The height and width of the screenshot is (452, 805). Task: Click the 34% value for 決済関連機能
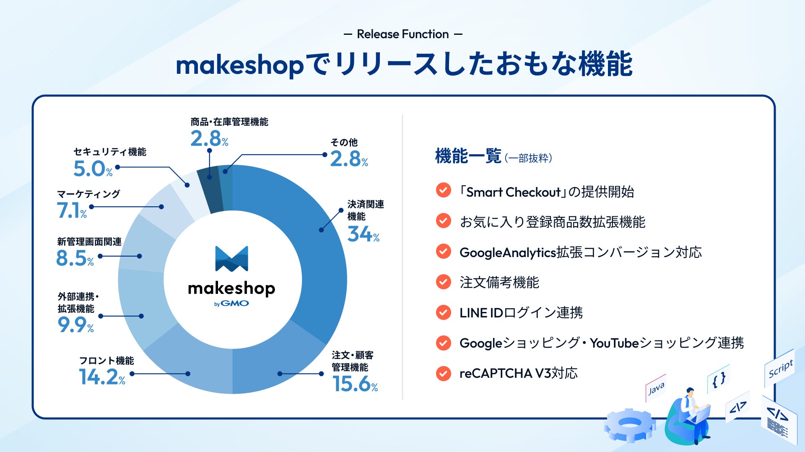click(x=364, y=234)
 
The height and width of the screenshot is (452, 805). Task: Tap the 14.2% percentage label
click(x=102, y=377)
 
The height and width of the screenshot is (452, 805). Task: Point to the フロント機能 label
click(x=106, y=361)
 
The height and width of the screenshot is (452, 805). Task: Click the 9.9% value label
click(x=75, y=325)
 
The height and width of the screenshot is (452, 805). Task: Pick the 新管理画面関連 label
click(x=89, y=242)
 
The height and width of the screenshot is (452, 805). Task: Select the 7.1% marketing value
click(x=72, y=210)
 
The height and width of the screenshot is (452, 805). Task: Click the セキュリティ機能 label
click(x=110, y=152)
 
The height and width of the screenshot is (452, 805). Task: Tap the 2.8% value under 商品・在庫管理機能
click(x=209, y=138)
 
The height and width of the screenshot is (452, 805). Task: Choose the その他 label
click(x=344, y=143)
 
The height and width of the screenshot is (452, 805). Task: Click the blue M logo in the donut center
click(x=231, y=259)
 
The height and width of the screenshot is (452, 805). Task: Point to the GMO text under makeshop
click(x=235, y=303)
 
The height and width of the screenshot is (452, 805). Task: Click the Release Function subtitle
click(x=403, y=34)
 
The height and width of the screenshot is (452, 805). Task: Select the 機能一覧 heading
click(x=468, y=156)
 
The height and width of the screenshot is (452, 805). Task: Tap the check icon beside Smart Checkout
click(x=444, y=190)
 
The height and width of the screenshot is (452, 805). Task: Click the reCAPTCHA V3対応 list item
click(x=519, y=373)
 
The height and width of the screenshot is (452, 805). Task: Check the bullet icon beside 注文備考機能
click(x=444, y=282)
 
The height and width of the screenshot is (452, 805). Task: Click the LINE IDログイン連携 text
click(x=521, y=313)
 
